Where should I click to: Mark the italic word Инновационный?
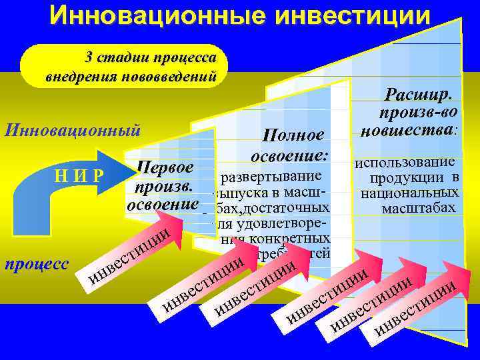[x=73, y=129]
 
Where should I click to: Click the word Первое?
[x=164, y=167]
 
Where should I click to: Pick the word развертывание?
[x=271, y=177]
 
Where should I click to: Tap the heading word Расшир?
[x=420, y=95]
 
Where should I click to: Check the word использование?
[x=405, y=162]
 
